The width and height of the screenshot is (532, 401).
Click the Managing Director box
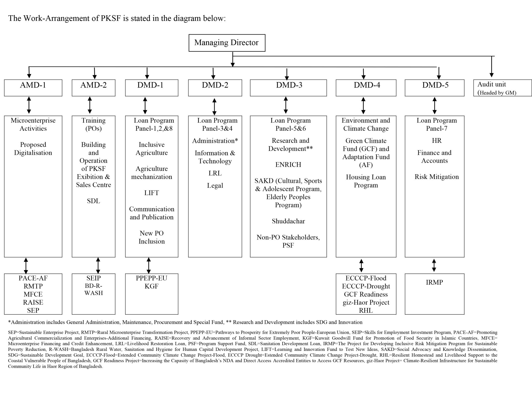[227, 43]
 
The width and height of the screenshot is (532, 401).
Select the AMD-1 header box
[33, 88]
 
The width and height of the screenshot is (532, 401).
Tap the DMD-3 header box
[288, 88]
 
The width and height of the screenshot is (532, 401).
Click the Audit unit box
[502, 88]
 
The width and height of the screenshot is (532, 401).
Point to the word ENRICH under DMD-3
[288, 165]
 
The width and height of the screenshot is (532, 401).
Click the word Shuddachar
[288, 221]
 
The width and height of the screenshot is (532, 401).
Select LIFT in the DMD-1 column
[151, 193]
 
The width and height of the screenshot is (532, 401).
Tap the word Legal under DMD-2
[215, 185]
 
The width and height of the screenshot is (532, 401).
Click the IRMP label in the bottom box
[434, 282]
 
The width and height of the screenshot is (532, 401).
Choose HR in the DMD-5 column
[436, 141]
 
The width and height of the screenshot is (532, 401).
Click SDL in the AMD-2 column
[93, 201]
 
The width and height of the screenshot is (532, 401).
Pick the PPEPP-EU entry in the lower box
[151, 278]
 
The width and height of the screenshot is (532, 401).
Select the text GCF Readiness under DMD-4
[365, 294]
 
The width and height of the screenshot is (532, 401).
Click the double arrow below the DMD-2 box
[214, 106]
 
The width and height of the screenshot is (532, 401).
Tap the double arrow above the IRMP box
[434, 265]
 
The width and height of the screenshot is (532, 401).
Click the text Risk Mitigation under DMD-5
[436, 177]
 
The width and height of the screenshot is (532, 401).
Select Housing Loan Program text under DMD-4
[365, 181]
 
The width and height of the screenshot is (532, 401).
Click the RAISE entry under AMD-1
[33, 302]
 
